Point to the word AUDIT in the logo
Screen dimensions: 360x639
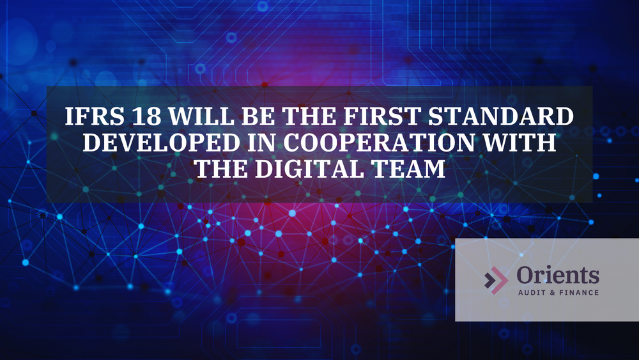[532, 293]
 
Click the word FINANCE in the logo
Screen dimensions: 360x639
[578, 293]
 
